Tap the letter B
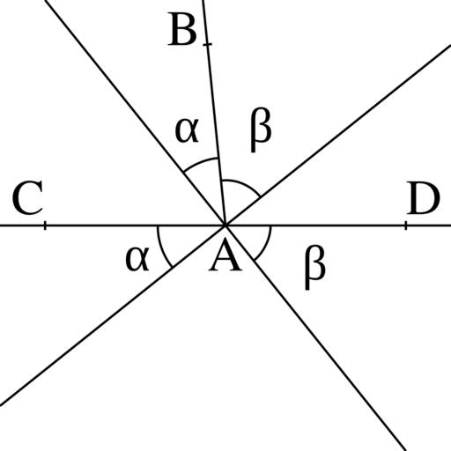click(x=182, y=29)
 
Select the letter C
click(x=27, y=197)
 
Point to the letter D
click(x=423, y=197)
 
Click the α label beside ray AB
click(x=187, y=130)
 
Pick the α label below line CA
click(x=137, y=259)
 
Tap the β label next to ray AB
click(x=261, y=129)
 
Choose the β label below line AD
click(x=314, y=267)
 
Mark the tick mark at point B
click(x=207, y=44)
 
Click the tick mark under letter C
click(x=45, y=225)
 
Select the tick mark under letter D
click(x=406, y=225)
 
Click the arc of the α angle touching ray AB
click(x=200, y=162)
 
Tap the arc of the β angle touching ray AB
click(x=244, y=184)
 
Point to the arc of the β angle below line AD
click(x=267, y=246)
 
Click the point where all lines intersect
click(x=225, y=225)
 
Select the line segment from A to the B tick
click(x=216, y=135)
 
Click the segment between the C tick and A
click(x=135, y=225)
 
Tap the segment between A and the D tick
click(x=315, y=225)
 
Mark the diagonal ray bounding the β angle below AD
click(x=315, y=338)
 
